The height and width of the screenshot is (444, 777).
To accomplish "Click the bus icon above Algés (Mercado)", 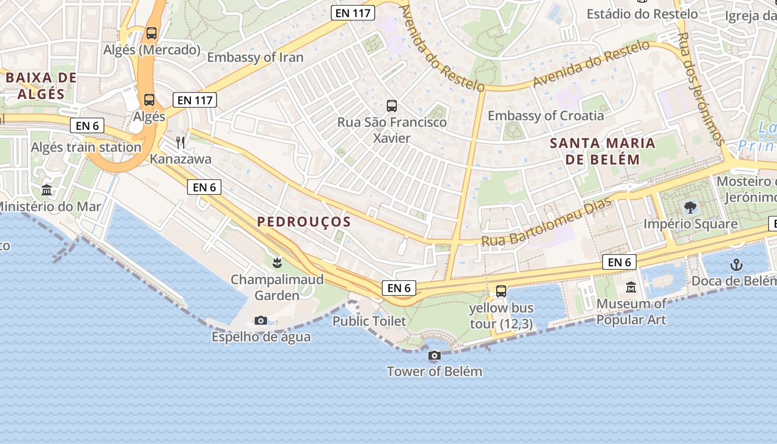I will click(x=152, y=33).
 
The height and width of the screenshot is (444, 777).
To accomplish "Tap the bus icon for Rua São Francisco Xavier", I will click(x=392, y=105).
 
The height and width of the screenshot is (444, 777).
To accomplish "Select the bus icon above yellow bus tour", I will click(x=501, y=291).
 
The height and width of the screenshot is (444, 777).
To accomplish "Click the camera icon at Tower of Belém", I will click(x=435, y=356).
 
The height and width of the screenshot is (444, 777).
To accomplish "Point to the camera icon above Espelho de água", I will click(x=260, y=320).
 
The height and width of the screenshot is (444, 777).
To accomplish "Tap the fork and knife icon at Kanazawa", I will click(x=180, y=143).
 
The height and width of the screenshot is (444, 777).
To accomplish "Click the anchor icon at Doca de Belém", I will click(x=736, y=265).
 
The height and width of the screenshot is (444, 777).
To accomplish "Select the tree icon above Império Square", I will click(x=690, y=208).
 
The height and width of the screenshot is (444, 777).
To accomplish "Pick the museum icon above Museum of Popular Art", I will click(x=631, y=287).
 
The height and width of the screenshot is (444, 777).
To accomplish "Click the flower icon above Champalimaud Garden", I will click(x=277, y=263).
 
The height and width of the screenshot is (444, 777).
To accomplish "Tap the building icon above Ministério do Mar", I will click(x=47, y=190).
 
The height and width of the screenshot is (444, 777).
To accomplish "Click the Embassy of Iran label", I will click(x=255, y=57).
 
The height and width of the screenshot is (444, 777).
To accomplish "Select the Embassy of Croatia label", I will click(x=546, y=115).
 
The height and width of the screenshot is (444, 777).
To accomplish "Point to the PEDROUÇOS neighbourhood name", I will click(x=304, y=222).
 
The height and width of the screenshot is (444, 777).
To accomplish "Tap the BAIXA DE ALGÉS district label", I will click(x=41, y=85).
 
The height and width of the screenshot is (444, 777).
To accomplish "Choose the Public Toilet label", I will click(x=369, y=321).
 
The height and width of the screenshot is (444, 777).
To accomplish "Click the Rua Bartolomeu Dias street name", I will click(x=546, y=223).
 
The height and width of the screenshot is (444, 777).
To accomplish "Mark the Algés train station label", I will click(x=86, y=147).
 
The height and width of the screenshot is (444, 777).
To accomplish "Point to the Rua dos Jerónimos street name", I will click(x=702, y=89).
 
